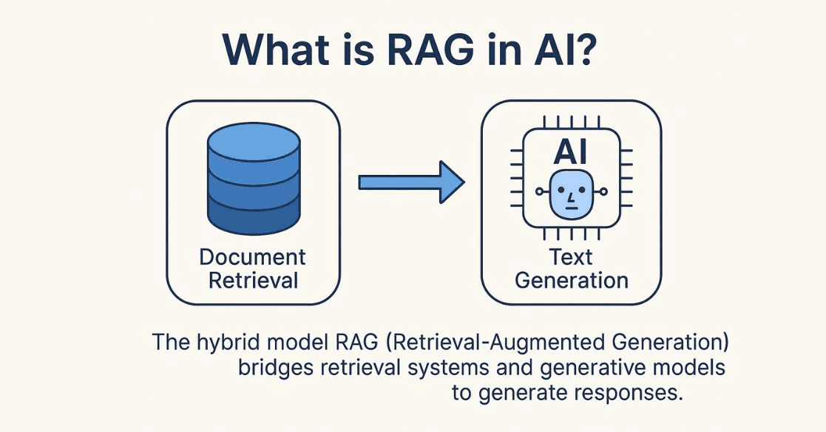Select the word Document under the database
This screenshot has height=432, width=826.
(253, 257)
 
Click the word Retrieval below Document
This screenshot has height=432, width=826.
(253, 281)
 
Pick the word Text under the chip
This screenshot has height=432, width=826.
(571, 257)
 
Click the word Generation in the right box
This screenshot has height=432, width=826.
(571, 281)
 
